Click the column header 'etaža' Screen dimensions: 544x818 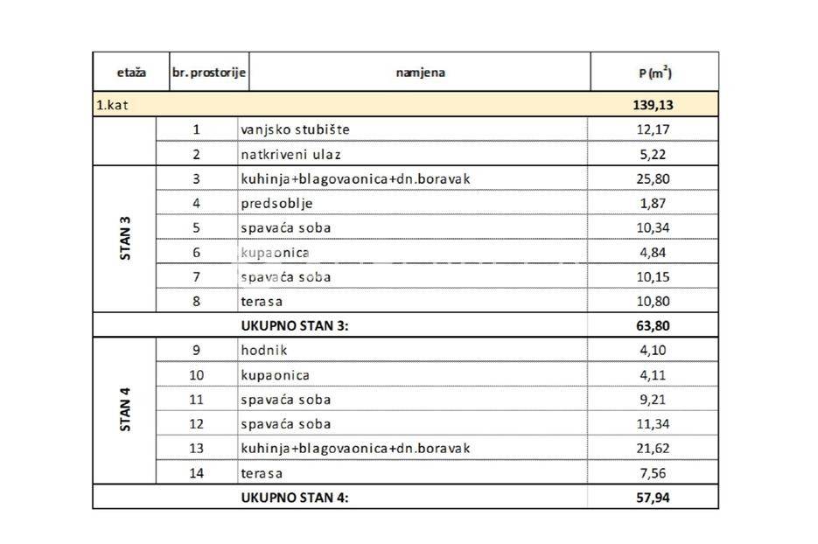click(131, 73)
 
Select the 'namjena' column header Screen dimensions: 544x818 click(420, 73)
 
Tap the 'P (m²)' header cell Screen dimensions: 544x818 click(654, 73)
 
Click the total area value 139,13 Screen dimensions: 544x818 click(653, 105)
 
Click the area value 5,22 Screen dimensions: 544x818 click(655, 154)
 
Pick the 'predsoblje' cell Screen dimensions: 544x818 click(276, 203)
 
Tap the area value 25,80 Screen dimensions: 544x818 click(655, 178)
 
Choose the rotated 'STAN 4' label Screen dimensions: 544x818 click(125, 411)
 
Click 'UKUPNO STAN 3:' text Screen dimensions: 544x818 click(294, 326)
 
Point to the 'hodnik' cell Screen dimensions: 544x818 click(263, 350)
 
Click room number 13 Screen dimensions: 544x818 click(196, 449)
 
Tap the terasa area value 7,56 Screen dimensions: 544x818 click(655, 473)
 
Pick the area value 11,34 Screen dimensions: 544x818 click(655, 424)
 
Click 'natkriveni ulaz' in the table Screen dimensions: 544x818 click(290, 154)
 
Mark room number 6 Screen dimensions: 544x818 click(196, 253)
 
